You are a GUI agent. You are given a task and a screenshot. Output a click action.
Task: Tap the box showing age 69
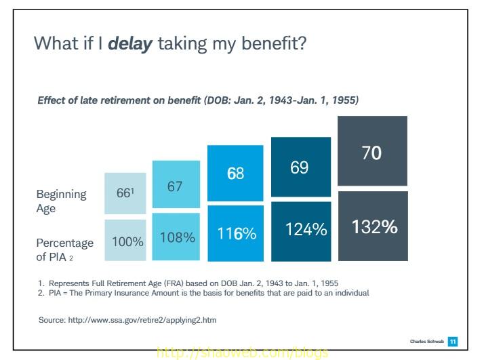[300, 167]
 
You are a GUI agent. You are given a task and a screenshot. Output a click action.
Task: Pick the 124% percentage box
[300, 231]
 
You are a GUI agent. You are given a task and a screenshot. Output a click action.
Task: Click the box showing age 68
[236, 173]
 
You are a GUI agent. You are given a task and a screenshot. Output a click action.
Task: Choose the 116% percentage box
[236, 233]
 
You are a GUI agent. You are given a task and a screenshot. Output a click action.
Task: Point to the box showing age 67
[176, 185]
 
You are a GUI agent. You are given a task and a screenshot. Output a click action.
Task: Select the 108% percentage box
[176, 237]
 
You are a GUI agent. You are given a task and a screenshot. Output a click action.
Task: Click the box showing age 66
[125, 194]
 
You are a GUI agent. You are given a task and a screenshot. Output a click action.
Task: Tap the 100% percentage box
[125, 241]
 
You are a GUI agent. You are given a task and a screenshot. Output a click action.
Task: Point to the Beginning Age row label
[61, 201]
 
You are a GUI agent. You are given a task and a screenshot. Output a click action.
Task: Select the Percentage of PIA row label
[65, 249]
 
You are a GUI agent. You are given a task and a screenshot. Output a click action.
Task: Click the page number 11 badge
[452, 340]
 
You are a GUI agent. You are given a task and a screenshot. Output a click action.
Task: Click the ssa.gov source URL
[143, 319]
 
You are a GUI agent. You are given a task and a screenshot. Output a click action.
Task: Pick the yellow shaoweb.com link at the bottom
[242, 353]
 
